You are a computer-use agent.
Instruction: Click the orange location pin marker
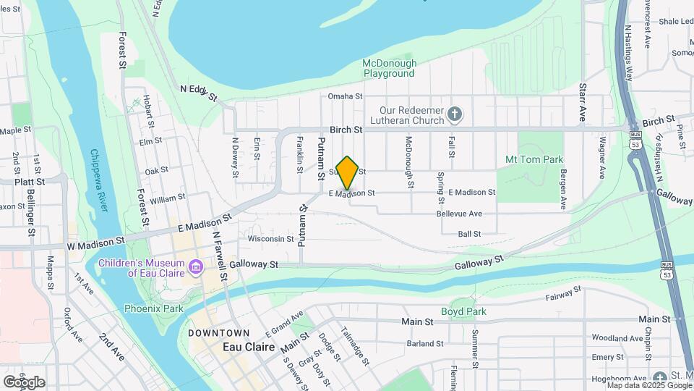click(x=348, y=172)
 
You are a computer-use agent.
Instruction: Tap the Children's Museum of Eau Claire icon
click(x=195, y=268)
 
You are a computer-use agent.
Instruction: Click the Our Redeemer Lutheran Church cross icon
click(x=455, y=114)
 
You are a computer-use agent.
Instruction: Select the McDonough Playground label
click(x=389, y=68)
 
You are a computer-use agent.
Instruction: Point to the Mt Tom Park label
click(x=534, y=159)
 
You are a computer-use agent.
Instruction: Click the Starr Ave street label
click(x=582, y=101)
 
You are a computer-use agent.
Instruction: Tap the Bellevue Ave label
click(x=459, y=214)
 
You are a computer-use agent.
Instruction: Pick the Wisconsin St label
click(x=270, y=238)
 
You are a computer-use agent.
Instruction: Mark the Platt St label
click(x=30, y=181)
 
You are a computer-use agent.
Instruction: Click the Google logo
click(x=24, y=382)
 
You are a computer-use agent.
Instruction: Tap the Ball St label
click(x=469, y=234)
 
